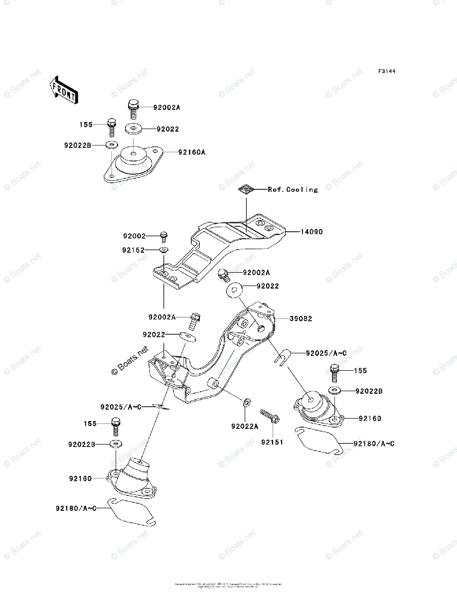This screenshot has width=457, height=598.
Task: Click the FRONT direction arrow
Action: [63, 90]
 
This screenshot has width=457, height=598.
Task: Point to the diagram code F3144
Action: [386, 72]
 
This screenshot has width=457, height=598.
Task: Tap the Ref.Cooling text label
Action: [293, 189]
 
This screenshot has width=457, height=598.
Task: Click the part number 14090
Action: [311, 232]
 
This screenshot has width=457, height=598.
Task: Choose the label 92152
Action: [134, 250]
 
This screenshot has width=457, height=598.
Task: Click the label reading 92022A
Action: [245, 426]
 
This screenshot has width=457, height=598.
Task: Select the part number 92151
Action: [273, 442]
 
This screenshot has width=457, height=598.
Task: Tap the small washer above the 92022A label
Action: [246, 401]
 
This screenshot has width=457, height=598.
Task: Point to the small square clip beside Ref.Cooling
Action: [246, 189]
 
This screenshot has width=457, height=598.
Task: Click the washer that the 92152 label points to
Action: [164, 250]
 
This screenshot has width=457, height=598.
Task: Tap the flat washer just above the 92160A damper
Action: [133, 130]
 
